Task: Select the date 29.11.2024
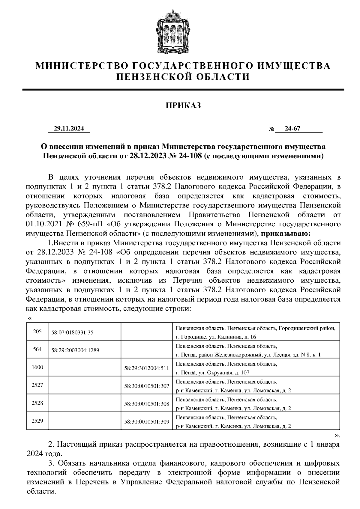click(69, 129)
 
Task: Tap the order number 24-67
click(292, 129)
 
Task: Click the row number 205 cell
click(37, 332)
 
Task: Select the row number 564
click(37, 349)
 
